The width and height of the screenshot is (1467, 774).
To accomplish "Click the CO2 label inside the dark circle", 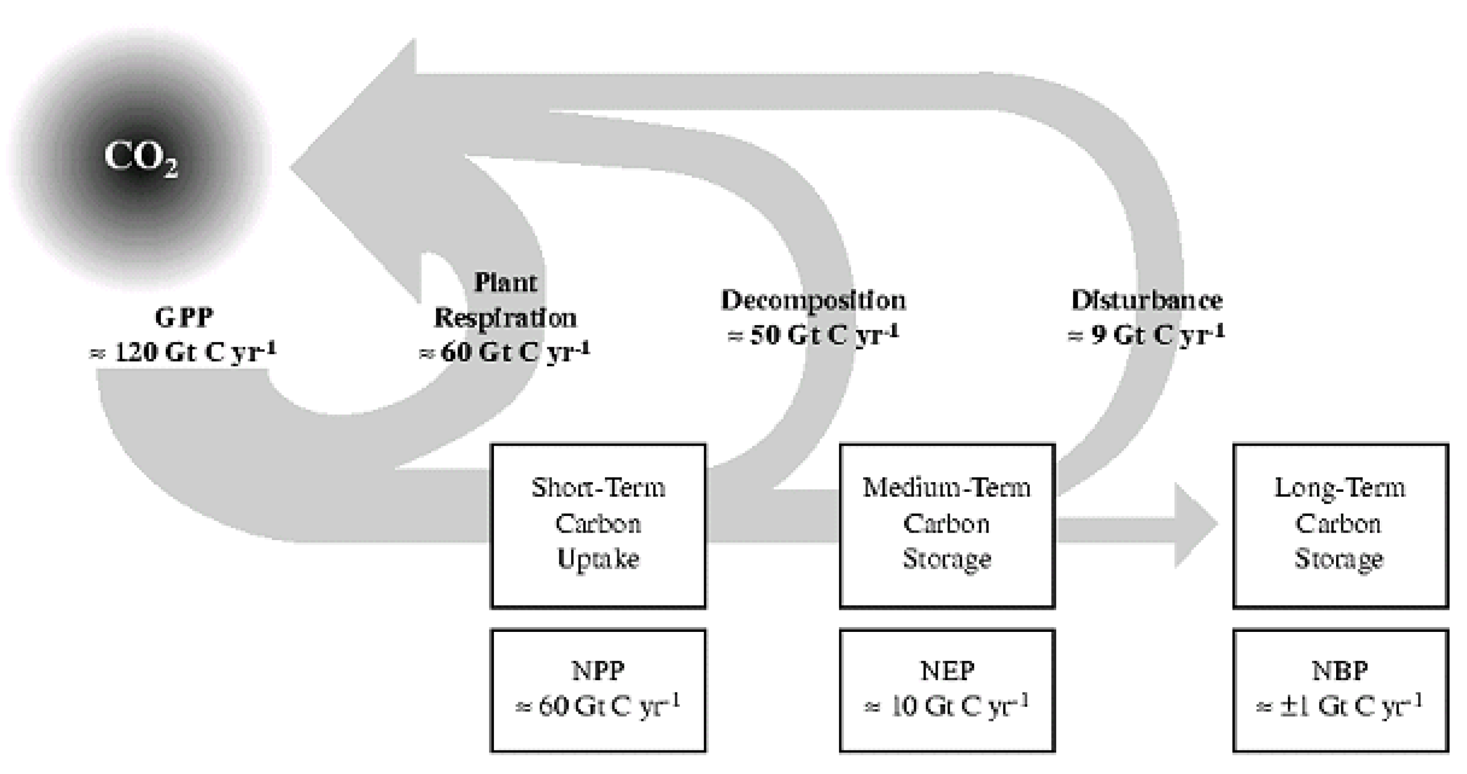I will tap(139, 158).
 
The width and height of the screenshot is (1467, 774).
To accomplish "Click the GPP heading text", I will tap(184, 318).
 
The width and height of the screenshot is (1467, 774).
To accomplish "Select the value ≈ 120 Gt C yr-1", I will tap(182, 352).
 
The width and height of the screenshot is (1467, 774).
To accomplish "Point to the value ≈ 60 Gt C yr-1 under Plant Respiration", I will tap(505, 352).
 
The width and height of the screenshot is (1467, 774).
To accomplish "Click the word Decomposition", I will tap(813, 300).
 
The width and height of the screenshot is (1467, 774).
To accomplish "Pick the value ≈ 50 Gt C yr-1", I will tap(813, 335).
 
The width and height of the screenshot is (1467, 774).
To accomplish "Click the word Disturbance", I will tap(1146, 300).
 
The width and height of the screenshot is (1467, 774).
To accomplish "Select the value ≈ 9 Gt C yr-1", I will tap(1146, 335).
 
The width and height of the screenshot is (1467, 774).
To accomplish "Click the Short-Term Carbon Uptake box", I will tap(598, 525).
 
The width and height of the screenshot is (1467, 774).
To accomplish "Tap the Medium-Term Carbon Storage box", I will tap(947, 525).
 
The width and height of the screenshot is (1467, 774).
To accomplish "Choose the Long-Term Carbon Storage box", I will tap(1340, 525).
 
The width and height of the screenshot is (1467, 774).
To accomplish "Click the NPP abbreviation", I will tap(598, 671).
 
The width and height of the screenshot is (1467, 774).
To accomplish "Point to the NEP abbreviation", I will tap(947, 671).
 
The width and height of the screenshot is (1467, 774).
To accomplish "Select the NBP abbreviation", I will tap(1340, 671).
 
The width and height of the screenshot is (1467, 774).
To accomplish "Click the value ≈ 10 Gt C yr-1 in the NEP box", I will tap(947, 706).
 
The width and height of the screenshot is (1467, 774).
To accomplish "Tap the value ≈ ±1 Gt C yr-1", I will tap(1340, 706).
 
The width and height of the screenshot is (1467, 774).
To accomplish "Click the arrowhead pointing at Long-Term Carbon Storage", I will tap(1195, 525).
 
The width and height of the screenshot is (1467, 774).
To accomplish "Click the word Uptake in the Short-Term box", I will tap(598, 559).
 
